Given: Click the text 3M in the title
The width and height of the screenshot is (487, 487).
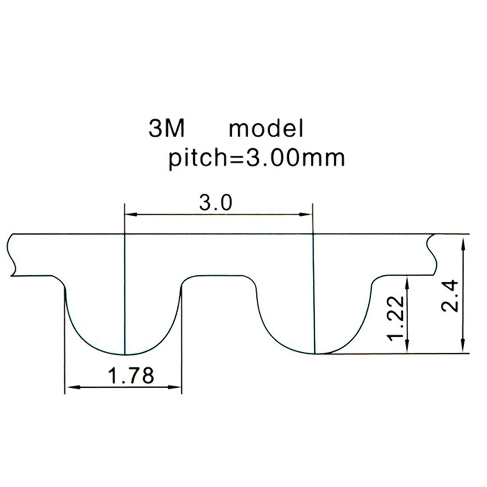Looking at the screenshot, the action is pos(166,129).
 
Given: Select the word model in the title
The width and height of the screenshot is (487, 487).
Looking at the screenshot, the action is pos(266,129).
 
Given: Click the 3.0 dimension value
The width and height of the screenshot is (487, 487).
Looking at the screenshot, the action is pos(216,203).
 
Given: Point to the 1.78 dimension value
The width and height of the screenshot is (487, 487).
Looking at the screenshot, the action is pos(131,375).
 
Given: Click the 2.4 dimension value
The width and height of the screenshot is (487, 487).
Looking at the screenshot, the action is pos(450,296).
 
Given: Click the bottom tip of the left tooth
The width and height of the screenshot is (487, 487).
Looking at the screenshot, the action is pos(125,355).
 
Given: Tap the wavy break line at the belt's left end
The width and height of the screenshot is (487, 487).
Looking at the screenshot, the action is pos(10,256).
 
